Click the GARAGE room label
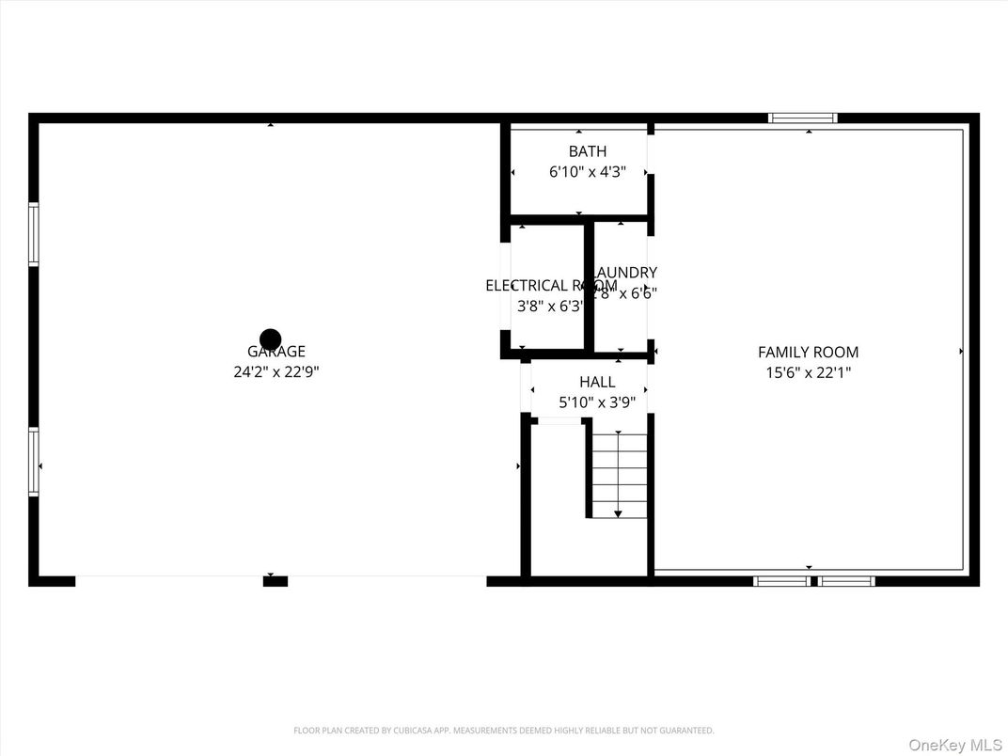tap(276, 352)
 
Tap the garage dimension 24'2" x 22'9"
tap(276, 371)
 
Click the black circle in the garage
tap(271, 339)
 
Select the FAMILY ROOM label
tap(808, 352)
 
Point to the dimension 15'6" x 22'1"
tap(808, 371)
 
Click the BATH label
tap(587, 151)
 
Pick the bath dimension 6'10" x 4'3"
tap(587, 172)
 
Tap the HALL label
tap(597, 382)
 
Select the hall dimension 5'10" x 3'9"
tap(597, 402)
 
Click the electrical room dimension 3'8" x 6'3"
tap(550, 306)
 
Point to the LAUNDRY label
tap(626, 273)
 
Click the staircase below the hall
tap(619, 475)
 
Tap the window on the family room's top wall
tap(802, 118)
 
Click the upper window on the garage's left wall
tap(34, 234)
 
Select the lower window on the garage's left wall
tap(34, 462)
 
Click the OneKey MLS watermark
tap(954, 745)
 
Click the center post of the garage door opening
tap(275, 581)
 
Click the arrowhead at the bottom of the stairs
tap(618, 514)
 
